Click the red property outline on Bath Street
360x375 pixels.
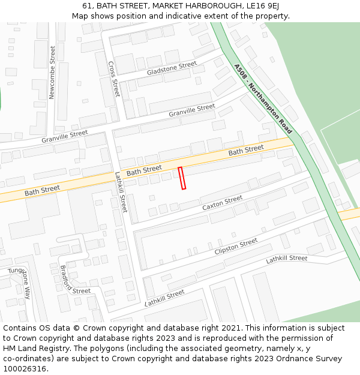pyautogui.click(x=182, y=178)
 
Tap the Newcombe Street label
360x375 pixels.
pyautogui.click(x=52, y=72)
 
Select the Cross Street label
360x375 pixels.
pyautogui.click(x=114, y=79)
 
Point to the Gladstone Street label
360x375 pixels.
pyautogui.click(x=172, y=68)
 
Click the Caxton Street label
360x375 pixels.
pyautogui.click(x=222, y=203)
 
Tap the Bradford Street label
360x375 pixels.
pyautogui.click(x=74, y=280)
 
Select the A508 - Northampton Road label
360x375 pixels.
pyautogui.click(x=263, y=98)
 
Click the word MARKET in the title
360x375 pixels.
pyautogui.click(x=161, y=6)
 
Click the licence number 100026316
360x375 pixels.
pyautogui.click(x=25, y=368)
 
